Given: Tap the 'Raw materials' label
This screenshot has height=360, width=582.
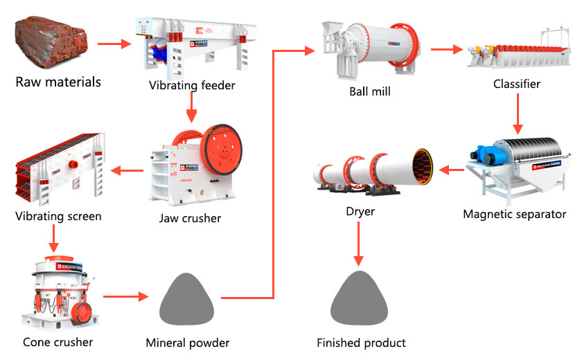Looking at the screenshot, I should pos(58,82).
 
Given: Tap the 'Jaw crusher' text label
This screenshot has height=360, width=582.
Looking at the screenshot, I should pos(190,218).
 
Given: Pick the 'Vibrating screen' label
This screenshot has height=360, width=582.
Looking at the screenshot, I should pos(58,216).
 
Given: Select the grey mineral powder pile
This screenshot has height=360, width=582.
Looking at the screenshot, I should pos(186,298).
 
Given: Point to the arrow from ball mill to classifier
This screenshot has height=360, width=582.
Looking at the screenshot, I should pos(447,50).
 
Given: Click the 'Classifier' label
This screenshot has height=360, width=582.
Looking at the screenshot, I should pos(516,84).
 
